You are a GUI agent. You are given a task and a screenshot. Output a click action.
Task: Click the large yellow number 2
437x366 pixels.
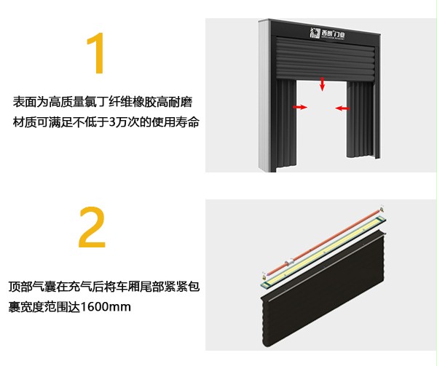92,229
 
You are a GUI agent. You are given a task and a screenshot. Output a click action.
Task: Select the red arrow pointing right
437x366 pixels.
299,107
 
